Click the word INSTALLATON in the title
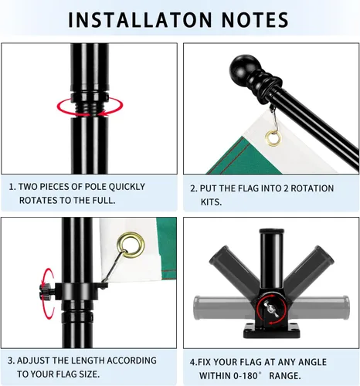tap(140, 19)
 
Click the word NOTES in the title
tap(255, 19)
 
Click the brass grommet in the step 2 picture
tap(273, 137)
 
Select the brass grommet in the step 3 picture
tap(131, 245)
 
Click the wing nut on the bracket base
tap(270, 309)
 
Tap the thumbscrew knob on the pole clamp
tap(46, 293)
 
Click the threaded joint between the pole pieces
tap(90, 107)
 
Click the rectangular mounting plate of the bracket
tap(271, 330)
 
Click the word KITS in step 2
tap(211, 202)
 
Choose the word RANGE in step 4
tap(285, 376)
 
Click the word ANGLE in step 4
tap(312, 362)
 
